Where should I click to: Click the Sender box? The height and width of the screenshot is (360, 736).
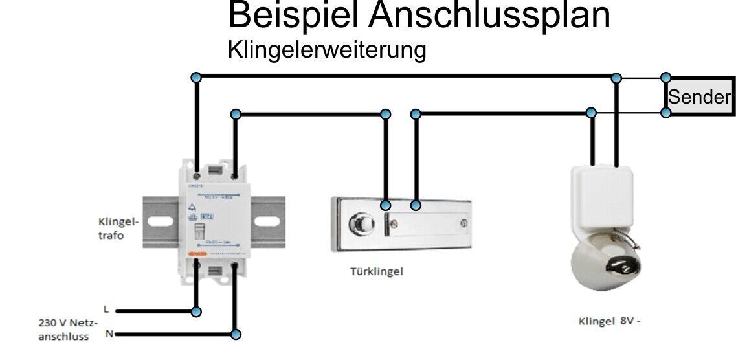pyautogui.click(x=700, y=97)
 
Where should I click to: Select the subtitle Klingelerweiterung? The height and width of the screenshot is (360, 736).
pyautogui.click(x=327, y=50)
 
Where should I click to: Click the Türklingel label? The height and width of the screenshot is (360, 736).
pyautogui.click(x=377, y=271)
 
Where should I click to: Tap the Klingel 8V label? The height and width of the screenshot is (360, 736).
pyautogui.click(x=609, y=321)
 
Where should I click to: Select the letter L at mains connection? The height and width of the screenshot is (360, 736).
pyautogui.click(x=106, y=309)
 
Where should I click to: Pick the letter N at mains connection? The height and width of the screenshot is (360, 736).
pyautogui.click(x=109, y=334)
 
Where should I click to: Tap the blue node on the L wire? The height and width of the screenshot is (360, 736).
pyautogui.click(x=197, y=311)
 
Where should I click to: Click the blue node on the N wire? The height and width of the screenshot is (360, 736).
pyautogui.click(x=236, y=335)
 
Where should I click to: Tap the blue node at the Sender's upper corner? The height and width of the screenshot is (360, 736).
pyautogui.click(x=666, y=78)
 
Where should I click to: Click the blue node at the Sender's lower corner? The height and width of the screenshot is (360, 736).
pyautogui.click(x=666, y=113)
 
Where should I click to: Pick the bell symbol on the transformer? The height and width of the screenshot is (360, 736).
pyautogui.click(x=191, y=207)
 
